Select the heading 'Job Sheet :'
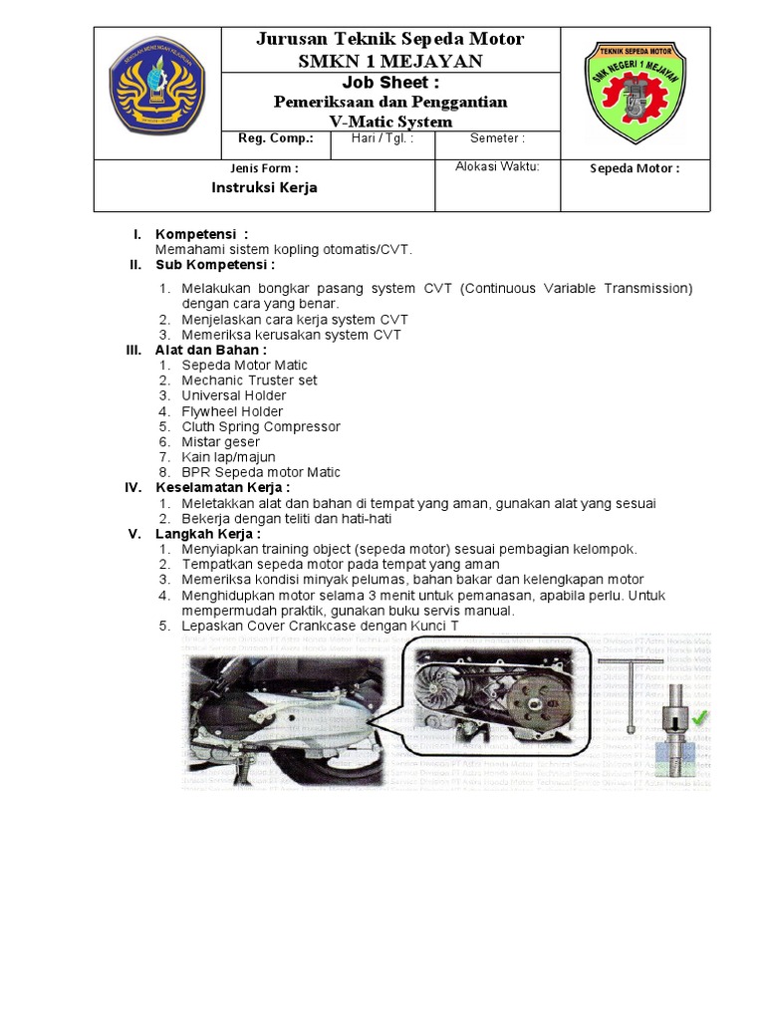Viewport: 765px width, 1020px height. (390, 82)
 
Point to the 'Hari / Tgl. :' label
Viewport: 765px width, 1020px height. (382, 139)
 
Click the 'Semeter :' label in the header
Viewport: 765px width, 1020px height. (497, 139)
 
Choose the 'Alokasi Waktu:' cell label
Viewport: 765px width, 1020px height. (497, 167)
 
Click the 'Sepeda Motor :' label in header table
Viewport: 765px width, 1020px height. (635, 168)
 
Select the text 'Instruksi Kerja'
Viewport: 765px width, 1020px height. (264, 187)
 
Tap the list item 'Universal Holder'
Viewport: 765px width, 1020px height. (233, 395)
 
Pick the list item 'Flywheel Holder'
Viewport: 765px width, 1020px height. (232, 411)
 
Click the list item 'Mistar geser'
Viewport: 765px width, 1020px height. (220, 441)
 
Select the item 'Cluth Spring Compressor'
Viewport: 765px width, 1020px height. (260, 426)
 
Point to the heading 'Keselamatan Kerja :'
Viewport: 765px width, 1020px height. (222, 488)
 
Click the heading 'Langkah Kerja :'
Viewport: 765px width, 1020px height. (208, 534)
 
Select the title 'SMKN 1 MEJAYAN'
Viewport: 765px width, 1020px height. (390, 60)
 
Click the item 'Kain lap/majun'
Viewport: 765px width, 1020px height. (228, 457)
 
